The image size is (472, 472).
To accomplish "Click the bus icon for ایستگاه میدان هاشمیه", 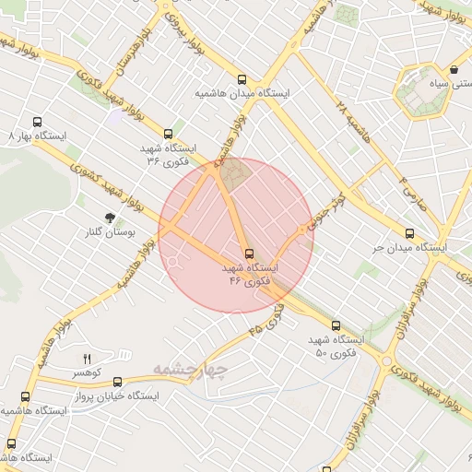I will coord(242,79).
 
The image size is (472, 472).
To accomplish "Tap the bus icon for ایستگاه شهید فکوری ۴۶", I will coord(249,254).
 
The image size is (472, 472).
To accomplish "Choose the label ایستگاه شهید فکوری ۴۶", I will coord(249,274).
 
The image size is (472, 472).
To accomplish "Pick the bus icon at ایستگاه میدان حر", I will coord(409,233).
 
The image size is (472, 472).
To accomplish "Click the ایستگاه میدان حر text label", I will coord(409,248).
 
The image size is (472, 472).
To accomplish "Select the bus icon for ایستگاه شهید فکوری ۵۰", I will coord(336,325).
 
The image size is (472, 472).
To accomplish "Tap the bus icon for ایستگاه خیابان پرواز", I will coord(25,396).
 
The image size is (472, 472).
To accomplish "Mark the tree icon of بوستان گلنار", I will coord(111,218).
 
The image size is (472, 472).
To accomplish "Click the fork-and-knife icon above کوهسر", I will coord(88,359).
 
